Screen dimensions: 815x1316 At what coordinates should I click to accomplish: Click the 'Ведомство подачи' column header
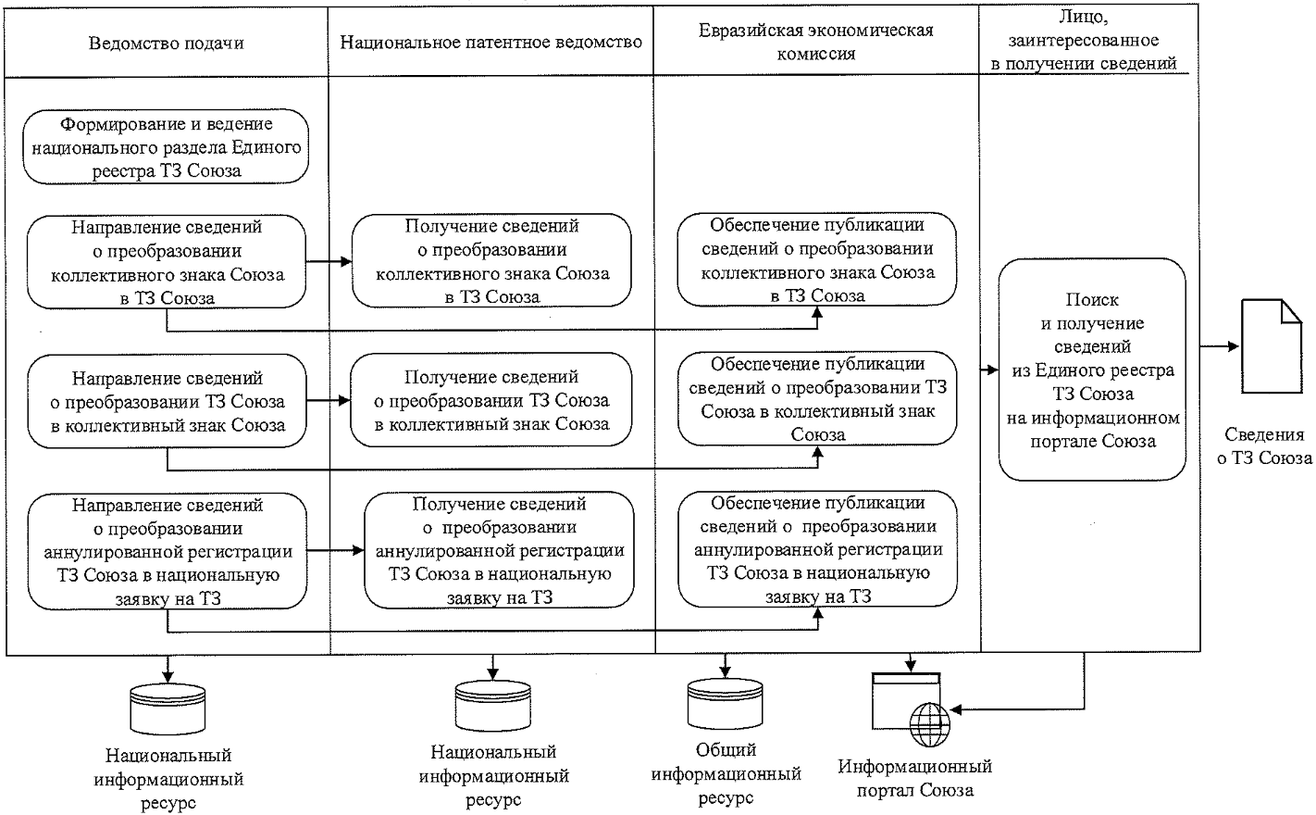pyautogui.click(x=167, y=43)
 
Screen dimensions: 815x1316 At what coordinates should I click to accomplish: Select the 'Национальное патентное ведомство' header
pyautogui.click(x=490, y=43)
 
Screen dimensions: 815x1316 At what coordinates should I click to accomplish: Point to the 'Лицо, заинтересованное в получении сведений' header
pyautogui.click(x=1084, y=42)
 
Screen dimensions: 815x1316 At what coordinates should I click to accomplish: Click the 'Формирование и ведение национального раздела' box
pyautogui.click(x=167, y=147)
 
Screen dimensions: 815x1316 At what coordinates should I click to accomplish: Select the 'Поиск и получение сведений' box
pyautogui.click(x=1092, y=370)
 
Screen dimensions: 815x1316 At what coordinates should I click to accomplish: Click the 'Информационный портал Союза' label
pyautogui.click(x=914, y=779)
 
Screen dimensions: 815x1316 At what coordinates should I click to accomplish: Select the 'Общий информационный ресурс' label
pyautogui.click(x=726, y=773)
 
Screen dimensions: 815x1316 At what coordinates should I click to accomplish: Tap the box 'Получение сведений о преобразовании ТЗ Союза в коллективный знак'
pyautogui.click(x=490, y=401)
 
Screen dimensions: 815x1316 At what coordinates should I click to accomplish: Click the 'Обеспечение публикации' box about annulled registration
pyautogui.click(x=818, y=550)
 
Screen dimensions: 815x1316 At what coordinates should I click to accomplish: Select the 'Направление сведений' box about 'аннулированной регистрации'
pyautogui.click(x=168, y=552)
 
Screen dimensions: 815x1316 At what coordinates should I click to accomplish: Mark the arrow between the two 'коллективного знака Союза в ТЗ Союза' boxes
pyautogui.click(x=329, y=261)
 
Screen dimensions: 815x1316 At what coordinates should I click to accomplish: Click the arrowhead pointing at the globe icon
pyautogui.click(x=955, y=709)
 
